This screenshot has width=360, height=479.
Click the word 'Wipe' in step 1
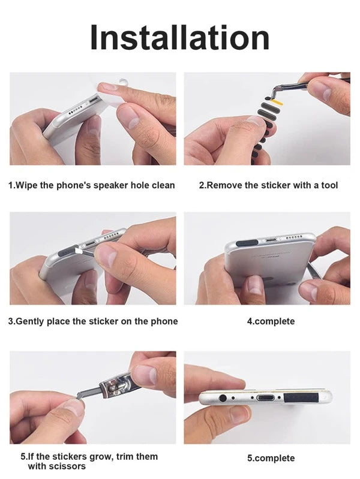coord(26,185)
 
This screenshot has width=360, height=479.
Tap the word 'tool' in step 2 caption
coord(329,185)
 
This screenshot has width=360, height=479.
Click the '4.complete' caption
coord(271,321)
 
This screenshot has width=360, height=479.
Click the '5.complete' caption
coord(271,458)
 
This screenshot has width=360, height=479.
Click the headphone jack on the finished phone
coord(223,398)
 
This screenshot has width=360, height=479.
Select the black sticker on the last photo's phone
coord(302,398)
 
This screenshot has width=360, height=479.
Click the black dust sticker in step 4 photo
coord(248,243)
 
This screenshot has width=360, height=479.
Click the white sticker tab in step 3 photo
coord(78,251)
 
